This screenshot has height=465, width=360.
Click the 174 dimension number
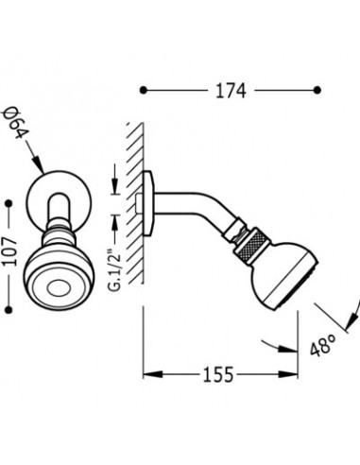coord(231,91)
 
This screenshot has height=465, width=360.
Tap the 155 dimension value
coord(218,375)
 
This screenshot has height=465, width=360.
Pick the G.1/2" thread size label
coord(115,269)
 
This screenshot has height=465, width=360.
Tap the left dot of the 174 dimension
coord(144,91)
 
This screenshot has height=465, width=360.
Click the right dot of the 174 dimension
coord(317,91)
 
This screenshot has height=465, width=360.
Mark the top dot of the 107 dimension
coord(9,204)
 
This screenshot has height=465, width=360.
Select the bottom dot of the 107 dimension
coord(9,310)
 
